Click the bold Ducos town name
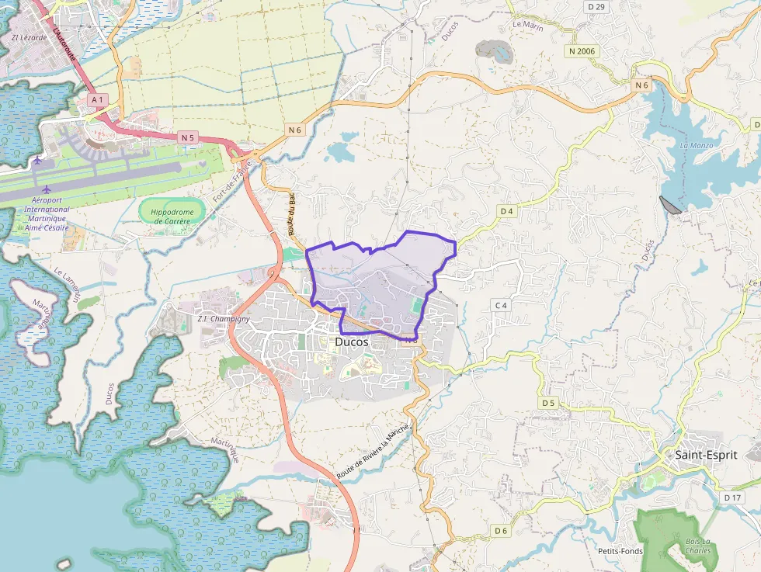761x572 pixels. (352, 341)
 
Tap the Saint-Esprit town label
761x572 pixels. (705, 455)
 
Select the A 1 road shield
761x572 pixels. (97, 100)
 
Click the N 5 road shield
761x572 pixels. (187, 137)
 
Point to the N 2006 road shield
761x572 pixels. (581, 50)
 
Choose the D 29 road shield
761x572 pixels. (596, 7)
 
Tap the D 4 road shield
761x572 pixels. (507, 211)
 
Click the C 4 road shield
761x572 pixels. (501, 305)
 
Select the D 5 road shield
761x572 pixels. (549, 403)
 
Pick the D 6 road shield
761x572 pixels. (501, 531)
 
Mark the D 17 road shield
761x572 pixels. (733, 497)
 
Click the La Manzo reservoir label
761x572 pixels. (695, 146)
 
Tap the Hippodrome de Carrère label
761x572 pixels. (172, 216)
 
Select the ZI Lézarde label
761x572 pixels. (29, 36)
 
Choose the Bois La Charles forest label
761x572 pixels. (697, 546)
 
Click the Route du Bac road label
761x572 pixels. (293, 216)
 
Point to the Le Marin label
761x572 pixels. (527, 25)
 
